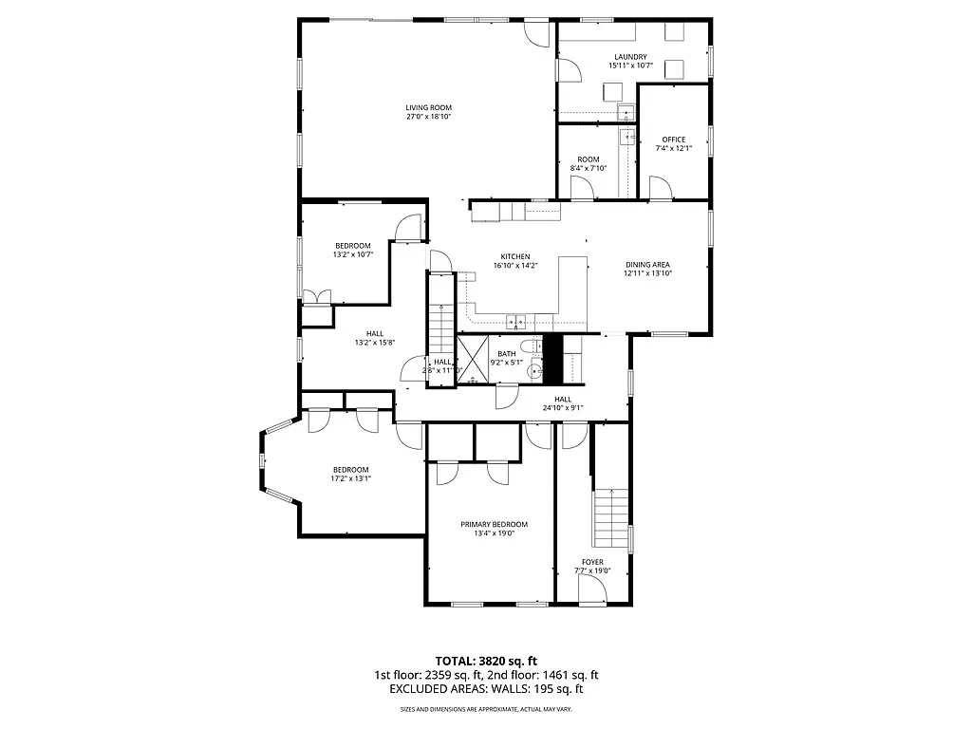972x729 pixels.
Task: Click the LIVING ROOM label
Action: pos(429,107)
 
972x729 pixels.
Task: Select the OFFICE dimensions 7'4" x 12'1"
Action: pos(674,149)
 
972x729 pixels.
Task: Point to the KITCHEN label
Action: pos(515,256)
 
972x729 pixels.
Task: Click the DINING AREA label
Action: pos(648,265)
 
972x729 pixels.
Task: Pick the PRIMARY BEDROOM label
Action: pos(494,524)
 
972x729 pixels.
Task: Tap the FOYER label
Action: pos(593,562)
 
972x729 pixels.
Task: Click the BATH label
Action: pos(507,354)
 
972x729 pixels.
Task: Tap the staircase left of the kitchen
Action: pos(441,313)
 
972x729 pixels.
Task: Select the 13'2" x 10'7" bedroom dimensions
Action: pos(352,254)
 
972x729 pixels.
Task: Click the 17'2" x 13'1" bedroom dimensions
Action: pos(350,479)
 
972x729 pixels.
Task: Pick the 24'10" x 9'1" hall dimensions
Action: pos(563,409)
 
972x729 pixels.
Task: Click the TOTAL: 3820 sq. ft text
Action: pos(486,661)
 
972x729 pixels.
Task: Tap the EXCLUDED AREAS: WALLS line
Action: pos(486,690)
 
